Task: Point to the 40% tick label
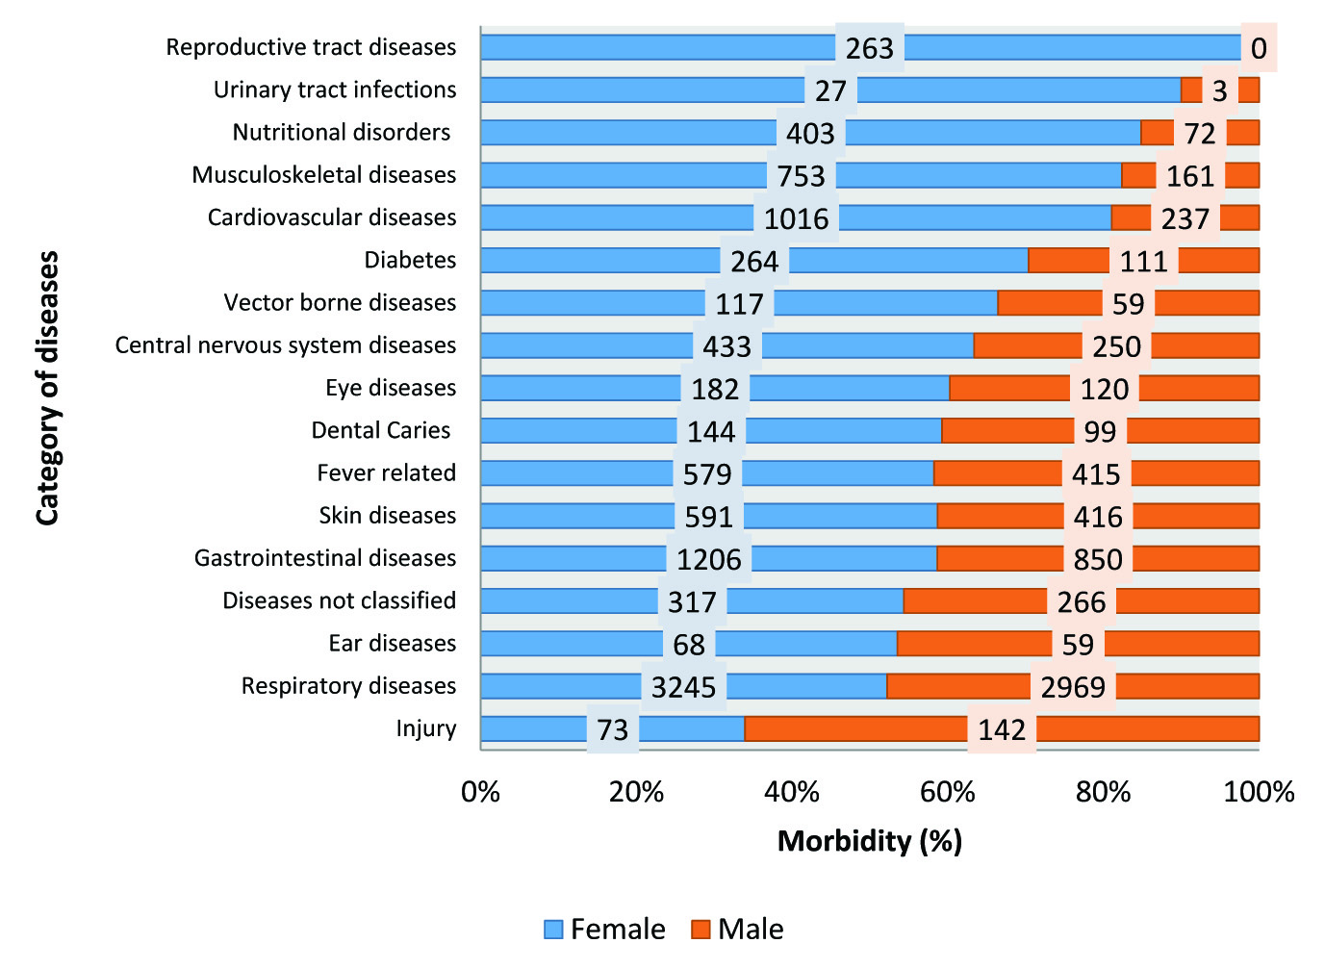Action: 792,792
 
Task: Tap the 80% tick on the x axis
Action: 1103,792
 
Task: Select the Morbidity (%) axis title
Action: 870,841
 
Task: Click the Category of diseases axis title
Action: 47,388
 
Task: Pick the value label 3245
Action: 684,687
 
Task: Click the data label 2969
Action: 1073,687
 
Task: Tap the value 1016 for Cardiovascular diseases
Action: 796,219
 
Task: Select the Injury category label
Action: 426,728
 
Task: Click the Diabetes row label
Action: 410,260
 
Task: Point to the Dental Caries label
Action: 381,430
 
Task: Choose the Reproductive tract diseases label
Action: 311,47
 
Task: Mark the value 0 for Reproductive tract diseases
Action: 1259,48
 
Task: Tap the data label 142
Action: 1002,730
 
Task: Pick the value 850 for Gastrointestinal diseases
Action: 1098,560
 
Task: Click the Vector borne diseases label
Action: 340,302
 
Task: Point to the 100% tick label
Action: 1259,792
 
